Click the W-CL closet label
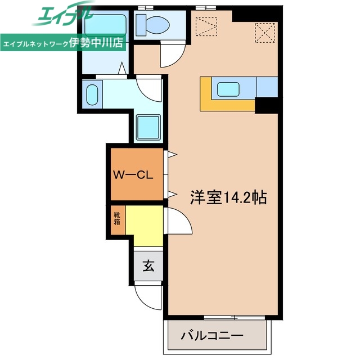click(x=133, y=174)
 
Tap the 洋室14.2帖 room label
click(x=227, y=197)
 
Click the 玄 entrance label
click(x=148, y=265)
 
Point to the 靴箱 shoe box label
click(x=117, y=217)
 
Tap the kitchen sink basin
click(x=229, y=89)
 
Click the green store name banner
click(x=64, y=43)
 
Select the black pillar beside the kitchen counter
click(x=266, y=105)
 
